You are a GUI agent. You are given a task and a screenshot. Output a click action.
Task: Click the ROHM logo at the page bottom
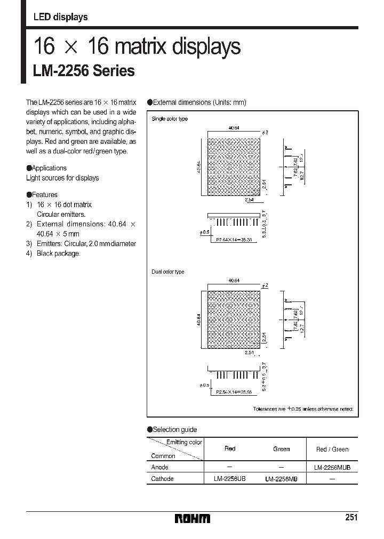point(193,518)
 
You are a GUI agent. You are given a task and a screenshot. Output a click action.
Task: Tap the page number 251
point(351,518)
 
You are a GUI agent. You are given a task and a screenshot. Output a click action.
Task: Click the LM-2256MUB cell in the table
point(332,467)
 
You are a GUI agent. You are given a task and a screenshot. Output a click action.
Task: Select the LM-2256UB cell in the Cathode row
point(230,479)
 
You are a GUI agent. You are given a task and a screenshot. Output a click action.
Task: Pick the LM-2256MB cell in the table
point(281,479)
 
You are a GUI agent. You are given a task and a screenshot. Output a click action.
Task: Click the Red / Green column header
point(332,449)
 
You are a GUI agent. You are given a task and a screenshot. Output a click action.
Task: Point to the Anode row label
point(159,467)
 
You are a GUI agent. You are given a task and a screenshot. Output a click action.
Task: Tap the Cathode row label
point(162,479)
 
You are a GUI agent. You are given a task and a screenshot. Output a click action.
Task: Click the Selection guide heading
point(174,429)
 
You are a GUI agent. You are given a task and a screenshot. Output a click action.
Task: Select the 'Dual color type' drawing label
point(168,272)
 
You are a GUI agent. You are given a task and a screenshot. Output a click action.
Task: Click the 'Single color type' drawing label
point(170,119)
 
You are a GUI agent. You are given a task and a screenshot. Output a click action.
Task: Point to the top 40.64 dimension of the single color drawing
point(234,127)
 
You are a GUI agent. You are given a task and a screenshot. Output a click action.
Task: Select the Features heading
point(44,194)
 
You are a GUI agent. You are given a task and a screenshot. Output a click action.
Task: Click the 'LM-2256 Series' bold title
point(84,71)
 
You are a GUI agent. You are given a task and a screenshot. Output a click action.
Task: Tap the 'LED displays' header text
point(60,17)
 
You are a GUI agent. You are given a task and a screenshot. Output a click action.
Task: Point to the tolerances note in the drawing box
point(302,409)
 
